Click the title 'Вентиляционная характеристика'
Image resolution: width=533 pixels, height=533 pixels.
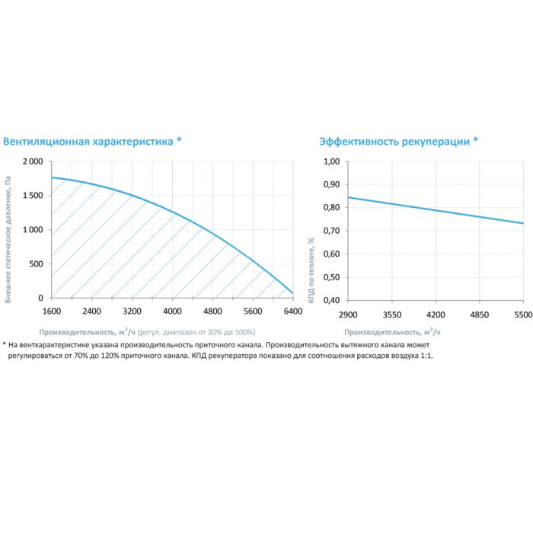tap(88, 142)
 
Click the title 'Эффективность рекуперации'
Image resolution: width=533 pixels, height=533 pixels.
tap(394, 142)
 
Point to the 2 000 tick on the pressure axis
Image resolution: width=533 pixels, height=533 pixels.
tap(32, 162)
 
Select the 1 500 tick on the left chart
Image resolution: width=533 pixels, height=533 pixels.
tap(32, 196)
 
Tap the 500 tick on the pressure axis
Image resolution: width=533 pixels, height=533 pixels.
tap(37, 264)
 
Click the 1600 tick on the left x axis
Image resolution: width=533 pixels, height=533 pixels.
tap(51, 311)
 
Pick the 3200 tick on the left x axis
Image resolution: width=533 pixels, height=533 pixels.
tap(132, 311)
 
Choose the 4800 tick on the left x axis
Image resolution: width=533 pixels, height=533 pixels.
tap(212, 311)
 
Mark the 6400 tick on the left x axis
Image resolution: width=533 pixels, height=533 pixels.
tap(293, 311)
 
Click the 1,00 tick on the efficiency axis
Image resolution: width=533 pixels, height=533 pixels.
tap(330, 162)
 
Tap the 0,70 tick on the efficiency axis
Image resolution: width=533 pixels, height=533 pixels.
tap(330, 231)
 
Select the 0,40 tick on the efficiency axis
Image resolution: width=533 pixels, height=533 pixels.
tap(330, 299)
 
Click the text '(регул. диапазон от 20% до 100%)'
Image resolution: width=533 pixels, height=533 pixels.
tap(196, 333)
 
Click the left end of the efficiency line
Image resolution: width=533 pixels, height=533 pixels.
tap(348, 198)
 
